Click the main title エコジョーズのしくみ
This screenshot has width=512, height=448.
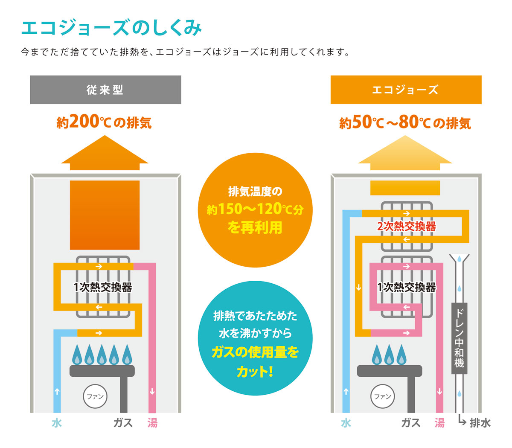click(x=111, y=28)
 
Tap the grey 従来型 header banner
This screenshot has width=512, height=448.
click(x=106, y=90)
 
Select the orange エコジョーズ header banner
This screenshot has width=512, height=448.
click(x=406, y=90)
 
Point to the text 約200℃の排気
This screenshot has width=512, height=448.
click(x=104, y=122)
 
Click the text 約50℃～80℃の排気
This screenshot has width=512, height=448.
click(x=405, y=122)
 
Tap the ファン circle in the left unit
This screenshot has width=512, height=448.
click(x=95, y=396)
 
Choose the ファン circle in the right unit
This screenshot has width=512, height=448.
click(x=382, y=396)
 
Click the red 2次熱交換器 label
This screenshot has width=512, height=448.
click(x=406, y=226)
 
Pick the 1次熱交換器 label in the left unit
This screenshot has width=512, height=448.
click(x=102, y=287)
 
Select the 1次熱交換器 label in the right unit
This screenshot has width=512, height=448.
click(x=406, y=287)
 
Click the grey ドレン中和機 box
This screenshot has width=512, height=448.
click(x=459, y=338)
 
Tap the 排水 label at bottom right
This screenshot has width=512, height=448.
click(x=480, y=423)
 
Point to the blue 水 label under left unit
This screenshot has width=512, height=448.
click(x=57, y=423)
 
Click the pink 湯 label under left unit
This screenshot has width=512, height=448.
click(x=152, y=423)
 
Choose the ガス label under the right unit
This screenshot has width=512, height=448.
click(x=410, y=423)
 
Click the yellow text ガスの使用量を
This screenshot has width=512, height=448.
click(x=255, y=352)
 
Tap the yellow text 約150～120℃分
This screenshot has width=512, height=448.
click(x=255, y=209)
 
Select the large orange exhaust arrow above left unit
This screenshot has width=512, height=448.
click(x=105, y=153)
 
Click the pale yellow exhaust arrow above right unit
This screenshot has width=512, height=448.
click(x=405, y=153)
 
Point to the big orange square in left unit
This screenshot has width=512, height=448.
click(x=105, y=215)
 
